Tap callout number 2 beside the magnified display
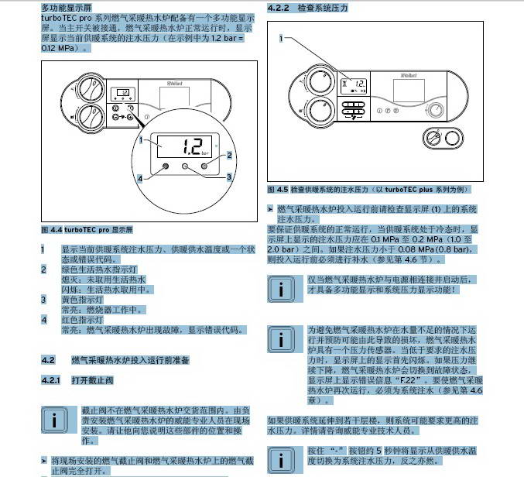coord(229,156)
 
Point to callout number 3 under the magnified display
coord(229,177)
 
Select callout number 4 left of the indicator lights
coord(140,178)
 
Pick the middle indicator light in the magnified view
coord(184,166)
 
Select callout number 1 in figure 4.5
coord(281,37)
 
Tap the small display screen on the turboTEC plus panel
coord(355,84)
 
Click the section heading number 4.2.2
coord(276,7)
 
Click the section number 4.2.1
coord(50,380)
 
